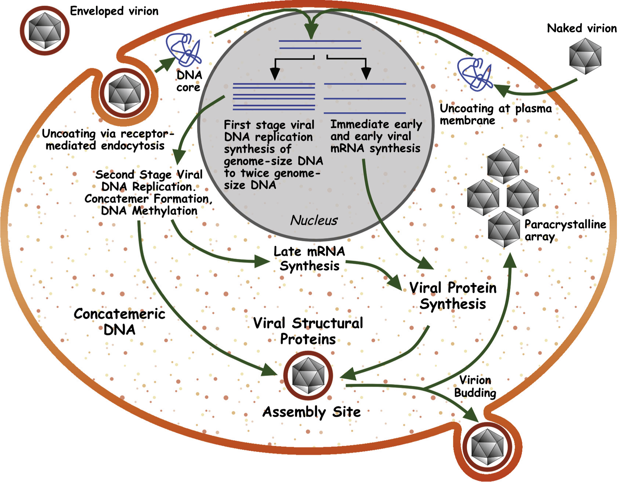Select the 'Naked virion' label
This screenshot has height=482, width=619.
(x=581, y=28)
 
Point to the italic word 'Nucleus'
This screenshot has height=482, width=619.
(x=314, y=220)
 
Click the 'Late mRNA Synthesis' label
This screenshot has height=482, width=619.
(x=309, y=259)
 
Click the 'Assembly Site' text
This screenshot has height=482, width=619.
(x=311, y=412)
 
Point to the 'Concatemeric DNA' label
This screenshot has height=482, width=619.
(x=119, y=322)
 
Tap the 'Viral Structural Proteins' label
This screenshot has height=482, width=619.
(x=308, y=331)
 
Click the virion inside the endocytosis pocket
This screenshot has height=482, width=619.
(x=125, y=93)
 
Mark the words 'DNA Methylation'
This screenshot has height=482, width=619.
(x=149, y=211)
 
